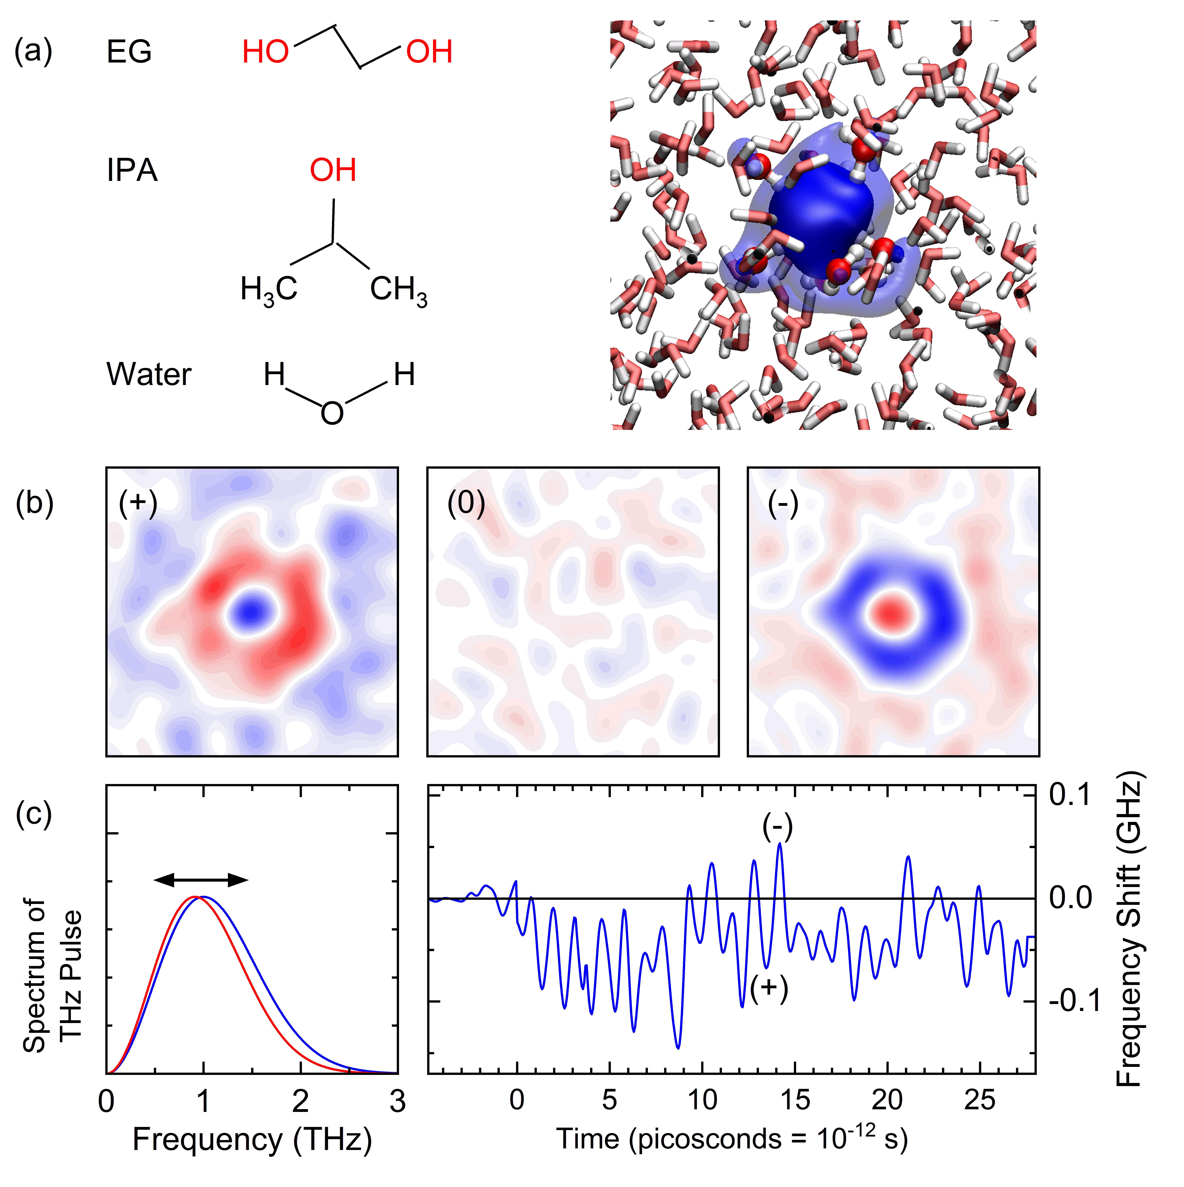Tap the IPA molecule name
coord(132,170)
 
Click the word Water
coord(149,374)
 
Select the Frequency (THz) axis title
coord(253,1140)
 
